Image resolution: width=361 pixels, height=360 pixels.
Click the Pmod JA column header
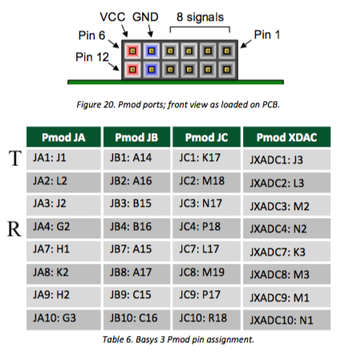(63, 137)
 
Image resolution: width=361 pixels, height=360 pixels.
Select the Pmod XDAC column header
(286, 137)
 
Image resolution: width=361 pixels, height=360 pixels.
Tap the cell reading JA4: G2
(63, 228)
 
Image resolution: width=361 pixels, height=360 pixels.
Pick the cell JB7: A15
(136, 251)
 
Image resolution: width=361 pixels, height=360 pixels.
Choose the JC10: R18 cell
(206, 320)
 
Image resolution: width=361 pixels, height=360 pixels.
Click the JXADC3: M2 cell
(286, 205)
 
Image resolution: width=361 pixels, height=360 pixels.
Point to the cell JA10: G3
(63, 320)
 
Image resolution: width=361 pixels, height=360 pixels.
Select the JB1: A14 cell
(136, 160)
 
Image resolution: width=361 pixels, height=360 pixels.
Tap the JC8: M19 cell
(206, 273)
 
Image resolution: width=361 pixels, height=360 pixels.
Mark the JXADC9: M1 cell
(286, 297)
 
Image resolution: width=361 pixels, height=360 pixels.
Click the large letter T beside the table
(15, 158)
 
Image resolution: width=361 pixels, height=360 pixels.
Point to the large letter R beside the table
(14, 229)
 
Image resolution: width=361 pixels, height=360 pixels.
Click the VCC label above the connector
(112, 17)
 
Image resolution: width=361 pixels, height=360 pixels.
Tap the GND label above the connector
(145, 17)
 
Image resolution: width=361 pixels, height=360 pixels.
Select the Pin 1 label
(266, 34)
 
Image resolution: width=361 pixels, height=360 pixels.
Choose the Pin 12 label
(92, 57)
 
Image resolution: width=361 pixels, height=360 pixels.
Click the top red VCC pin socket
(132, 51)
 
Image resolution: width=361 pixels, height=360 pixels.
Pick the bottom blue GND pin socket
(152, 70)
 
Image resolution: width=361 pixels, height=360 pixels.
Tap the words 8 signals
(200, 17)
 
